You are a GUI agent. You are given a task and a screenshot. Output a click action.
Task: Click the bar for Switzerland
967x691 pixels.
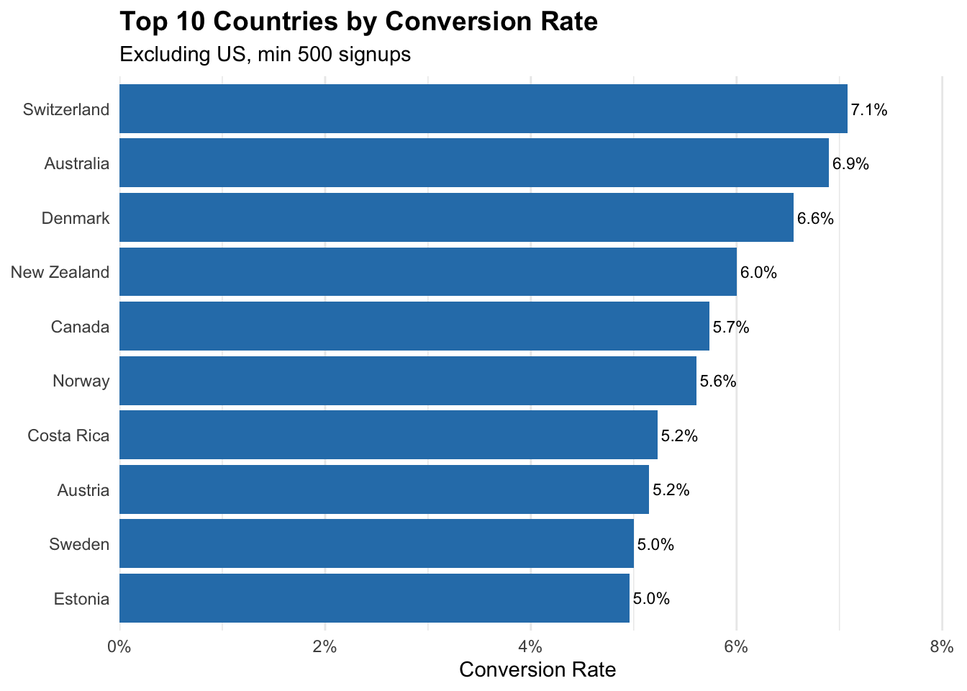[x=483, y=109]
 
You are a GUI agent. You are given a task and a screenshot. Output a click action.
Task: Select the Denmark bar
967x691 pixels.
[x=456, y=217]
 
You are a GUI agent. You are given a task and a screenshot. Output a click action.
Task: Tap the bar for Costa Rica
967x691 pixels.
[x=388, y=435]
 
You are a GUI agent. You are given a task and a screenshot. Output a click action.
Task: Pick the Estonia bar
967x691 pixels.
[x=374, y=598]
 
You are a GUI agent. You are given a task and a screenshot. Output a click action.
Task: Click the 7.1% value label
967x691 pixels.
[x=869, y=110]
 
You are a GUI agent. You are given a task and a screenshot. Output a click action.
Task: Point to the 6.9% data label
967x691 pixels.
[x=850, y=164]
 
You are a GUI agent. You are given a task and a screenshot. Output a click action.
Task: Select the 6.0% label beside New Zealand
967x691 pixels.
[x=758, y=273]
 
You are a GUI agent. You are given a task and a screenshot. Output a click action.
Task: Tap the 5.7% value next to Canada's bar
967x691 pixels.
[x=731, y=328]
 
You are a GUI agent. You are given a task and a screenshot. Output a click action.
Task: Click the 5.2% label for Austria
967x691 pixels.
[x=671, y=490]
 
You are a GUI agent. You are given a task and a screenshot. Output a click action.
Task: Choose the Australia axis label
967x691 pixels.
[x=77, y=164]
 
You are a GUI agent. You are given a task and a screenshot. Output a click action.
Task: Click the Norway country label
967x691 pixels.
[x=81, y=381]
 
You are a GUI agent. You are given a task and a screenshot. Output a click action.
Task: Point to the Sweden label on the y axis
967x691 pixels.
[x=79, y=544]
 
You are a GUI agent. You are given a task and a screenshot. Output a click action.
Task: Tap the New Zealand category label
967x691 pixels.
[x=60, y=273]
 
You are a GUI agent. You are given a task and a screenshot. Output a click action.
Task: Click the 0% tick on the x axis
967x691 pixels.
[x=119, y=646]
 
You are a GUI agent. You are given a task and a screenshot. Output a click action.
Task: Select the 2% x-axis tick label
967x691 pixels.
[x=325, y=646]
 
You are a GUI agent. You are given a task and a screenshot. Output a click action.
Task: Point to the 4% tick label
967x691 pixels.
[x=531, y=646]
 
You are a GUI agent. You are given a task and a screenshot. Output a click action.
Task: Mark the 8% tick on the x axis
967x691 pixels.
[x=941, y=646]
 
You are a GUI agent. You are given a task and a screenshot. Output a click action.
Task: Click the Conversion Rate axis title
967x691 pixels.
[x=537, y=670]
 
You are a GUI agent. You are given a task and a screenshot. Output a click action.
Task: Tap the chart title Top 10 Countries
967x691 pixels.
[x=358, y=22]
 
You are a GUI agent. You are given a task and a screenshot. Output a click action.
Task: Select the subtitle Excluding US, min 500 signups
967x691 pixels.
[x=265, y=55]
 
